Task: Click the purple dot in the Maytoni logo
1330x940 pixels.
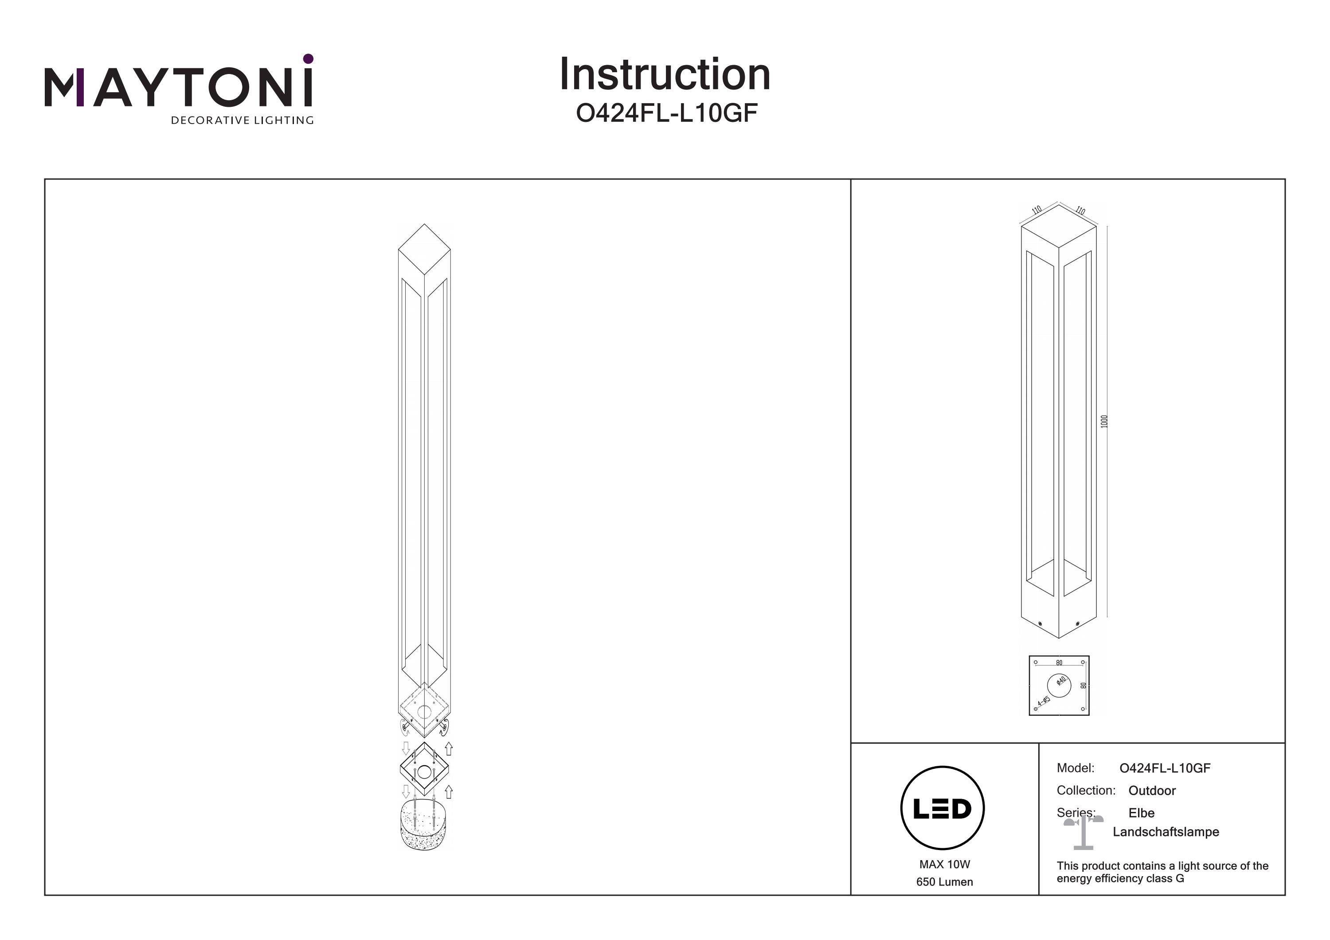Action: tap(308, 59)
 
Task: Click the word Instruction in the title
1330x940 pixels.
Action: tap(665, 75)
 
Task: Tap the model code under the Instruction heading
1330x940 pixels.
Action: tap(666, 113)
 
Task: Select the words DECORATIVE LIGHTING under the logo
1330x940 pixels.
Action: tap(242, 121)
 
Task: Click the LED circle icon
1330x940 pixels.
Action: tap(943, 808)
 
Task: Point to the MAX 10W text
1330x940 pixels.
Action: tap(944, 864)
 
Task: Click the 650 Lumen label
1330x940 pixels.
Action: tap(944, 882)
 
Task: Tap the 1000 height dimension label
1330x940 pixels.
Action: tap(1103, 421)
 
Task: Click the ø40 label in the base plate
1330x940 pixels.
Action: tap(1061, 681)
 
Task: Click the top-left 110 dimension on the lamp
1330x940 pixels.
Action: tap(1037, 210)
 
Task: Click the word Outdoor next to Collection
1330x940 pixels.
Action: tap(1152, 791)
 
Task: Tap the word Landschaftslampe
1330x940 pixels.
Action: tap(1166, 832)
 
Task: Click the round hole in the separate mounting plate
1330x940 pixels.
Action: tap(425, 772)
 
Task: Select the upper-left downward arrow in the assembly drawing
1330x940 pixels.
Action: tap(406, 748)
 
